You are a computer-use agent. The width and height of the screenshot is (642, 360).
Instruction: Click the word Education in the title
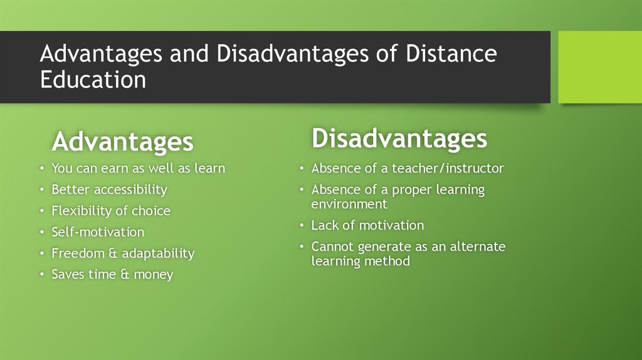(93, 80)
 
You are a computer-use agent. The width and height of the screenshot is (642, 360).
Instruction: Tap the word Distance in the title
(451, 54)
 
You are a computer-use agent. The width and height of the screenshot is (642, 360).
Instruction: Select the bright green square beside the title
(600, 67)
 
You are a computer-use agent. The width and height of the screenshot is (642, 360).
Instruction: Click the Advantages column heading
(122, 142)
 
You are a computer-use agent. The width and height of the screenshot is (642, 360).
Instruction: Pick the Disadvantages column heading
(399, 139)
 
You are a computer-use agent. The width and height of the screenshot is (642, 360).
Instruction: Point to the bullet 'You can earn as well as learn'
(138, 169)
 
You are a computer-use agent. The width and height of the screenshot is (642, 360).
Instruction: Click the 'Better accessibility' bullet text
(109, 189)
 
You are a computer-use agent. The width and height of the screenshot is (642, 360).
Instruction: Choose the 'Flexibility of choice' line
(110, 211)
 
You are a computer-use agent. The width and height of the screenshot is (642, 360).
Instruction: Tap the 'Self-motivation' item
(98, 232)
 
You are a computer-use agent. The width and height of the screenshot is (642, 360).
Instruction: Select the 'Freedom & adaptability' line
(123, 253)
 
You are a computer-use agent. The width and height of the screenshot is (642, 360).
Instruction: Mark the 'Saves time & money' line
(112, 275)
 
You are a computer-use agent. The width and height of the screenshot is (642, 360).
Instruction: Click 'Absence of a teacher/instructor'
(408, 169)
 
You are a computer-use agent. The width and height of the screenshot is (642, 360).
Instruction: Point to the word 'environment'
(349, 204)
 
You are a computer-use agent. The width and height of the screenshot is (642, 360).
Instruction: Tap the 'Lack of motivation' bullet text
(367, 225)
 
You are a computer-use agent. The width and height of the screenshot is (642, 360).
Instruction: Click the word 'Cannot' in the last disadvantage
(332, 246)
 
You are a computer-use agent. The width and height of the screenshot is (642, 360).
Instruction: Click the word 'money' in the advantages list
(152, 275)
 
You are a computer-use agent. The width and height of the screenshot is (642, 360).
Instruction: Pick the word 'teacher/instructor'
(448, 169)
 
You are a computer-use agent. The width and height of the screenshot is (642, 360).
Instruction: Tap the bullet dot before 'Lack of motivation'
(302, 226)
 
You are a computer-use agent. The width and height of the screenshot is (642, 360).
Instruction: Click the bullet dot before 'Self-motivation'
(41, 233)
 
